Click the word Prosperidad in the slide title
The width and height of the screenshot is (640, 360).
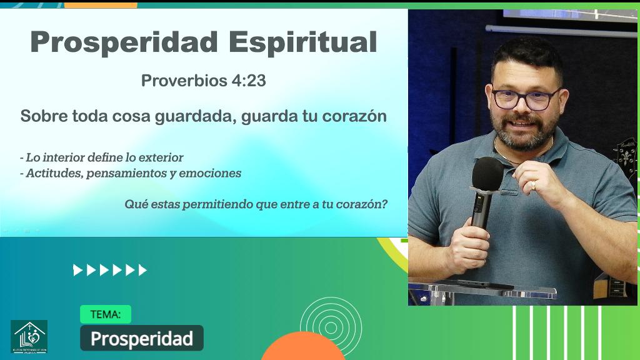coord(123,42)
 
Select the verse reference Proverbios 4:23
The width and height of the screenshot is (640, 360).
coord(204,81)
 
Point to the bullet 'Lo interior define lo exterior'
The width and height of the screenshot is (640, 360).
coord(102,157)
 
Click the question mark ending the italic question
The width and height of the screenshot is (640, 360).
coord(384,204)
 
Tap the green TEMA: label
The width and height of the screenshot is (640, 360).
coord(106,314)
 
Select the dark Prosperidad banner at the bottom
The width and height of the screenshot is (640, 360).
coord(142,338)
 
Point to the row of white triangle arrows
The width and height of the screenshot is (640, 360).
coord(110,270)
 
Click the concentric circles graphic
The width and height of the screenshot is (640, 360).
coord(331,325)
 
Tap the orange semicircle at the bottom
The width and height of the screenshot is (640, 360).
coord(303,349)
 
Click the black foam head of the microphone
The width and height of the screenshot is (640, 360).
coord(487,173)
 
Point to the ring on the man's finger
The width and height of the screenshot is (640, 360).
coord(532,185)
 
